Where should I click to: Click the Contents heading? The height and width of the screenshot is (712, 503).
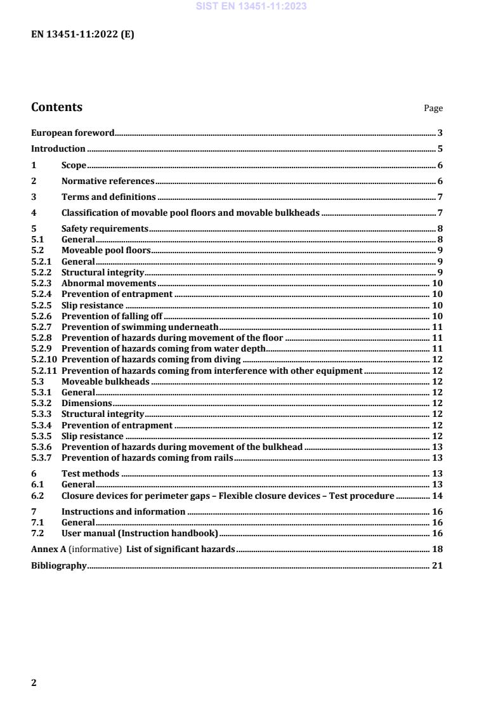(56, 107)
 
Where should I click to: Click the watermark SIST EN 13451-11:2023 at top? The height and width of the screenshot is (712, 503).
(251, 7)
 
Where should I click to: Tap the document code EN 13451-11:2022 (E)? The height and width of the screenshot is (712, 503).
(82, 35)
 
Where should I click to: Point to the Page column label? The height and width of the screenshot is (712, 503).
(433, 109)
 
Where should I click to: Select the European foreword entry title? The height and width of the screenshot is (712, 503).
(73, 133)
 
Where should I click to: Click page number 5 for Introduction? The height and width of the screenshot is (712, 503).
(440, 149)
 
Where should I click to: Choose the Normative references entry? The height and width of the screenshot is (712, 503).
(108, 181)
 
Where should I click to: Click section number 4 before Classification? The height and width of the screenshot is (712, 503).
(34, 214)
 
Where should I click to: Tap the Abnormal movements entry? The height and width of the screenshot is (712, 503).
(108, 284)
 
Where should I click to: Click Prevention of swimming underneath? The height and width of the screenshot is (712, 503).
(140, 327)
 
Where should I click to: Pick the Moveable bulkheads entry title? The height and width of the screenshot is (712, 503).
(105, 381)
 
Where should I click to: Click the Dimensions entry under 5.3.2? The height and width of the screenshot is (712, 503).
(86, 403)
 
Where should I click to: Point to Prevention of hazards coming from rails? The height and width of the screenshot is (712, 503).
(147, 458)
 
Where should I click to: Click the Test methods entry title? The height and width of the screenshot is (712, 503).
(90, 474)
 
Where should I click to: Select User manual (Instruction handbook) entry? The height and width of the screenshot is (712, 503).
(140, 533)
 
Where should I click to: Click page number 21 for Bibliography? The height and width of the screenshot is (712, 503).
(436, 565)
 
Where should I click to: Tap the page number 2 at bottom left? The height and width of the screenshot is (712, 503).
(34, 683)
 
